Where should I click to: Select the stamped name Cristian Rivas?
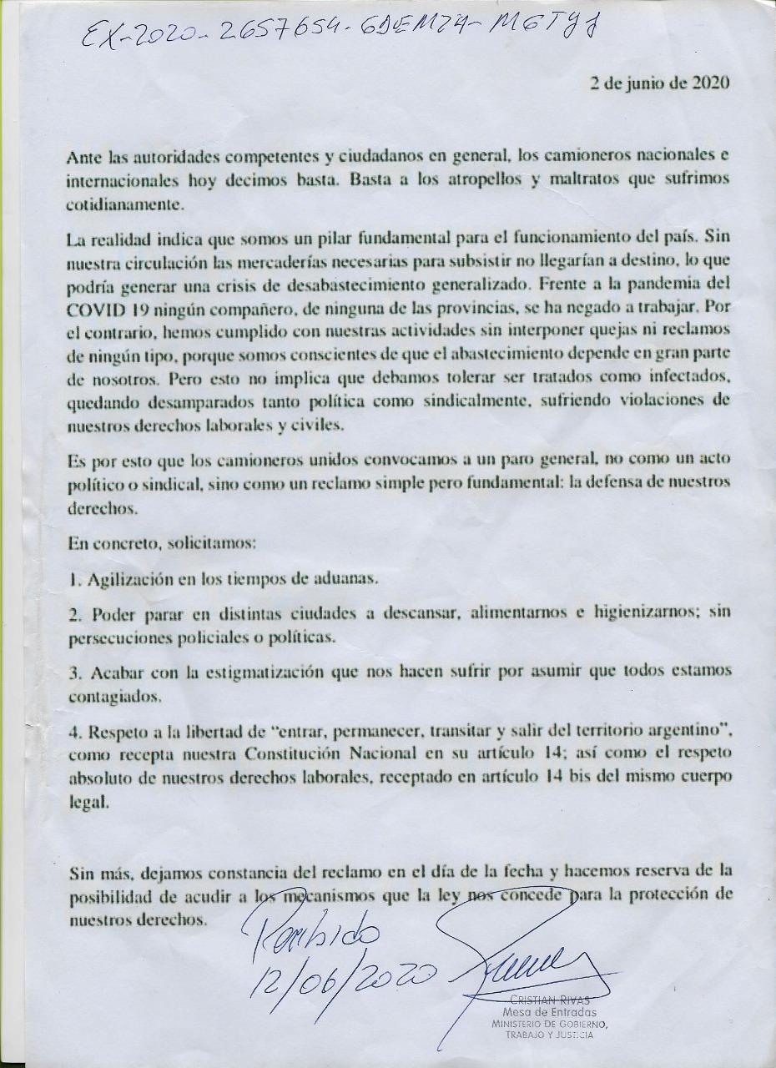tap(551, 1000)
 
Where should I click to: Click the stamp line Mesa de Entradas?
tap(550, 1012)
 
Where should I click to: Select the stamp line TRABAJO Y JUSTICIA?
tap(550, 1035)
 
